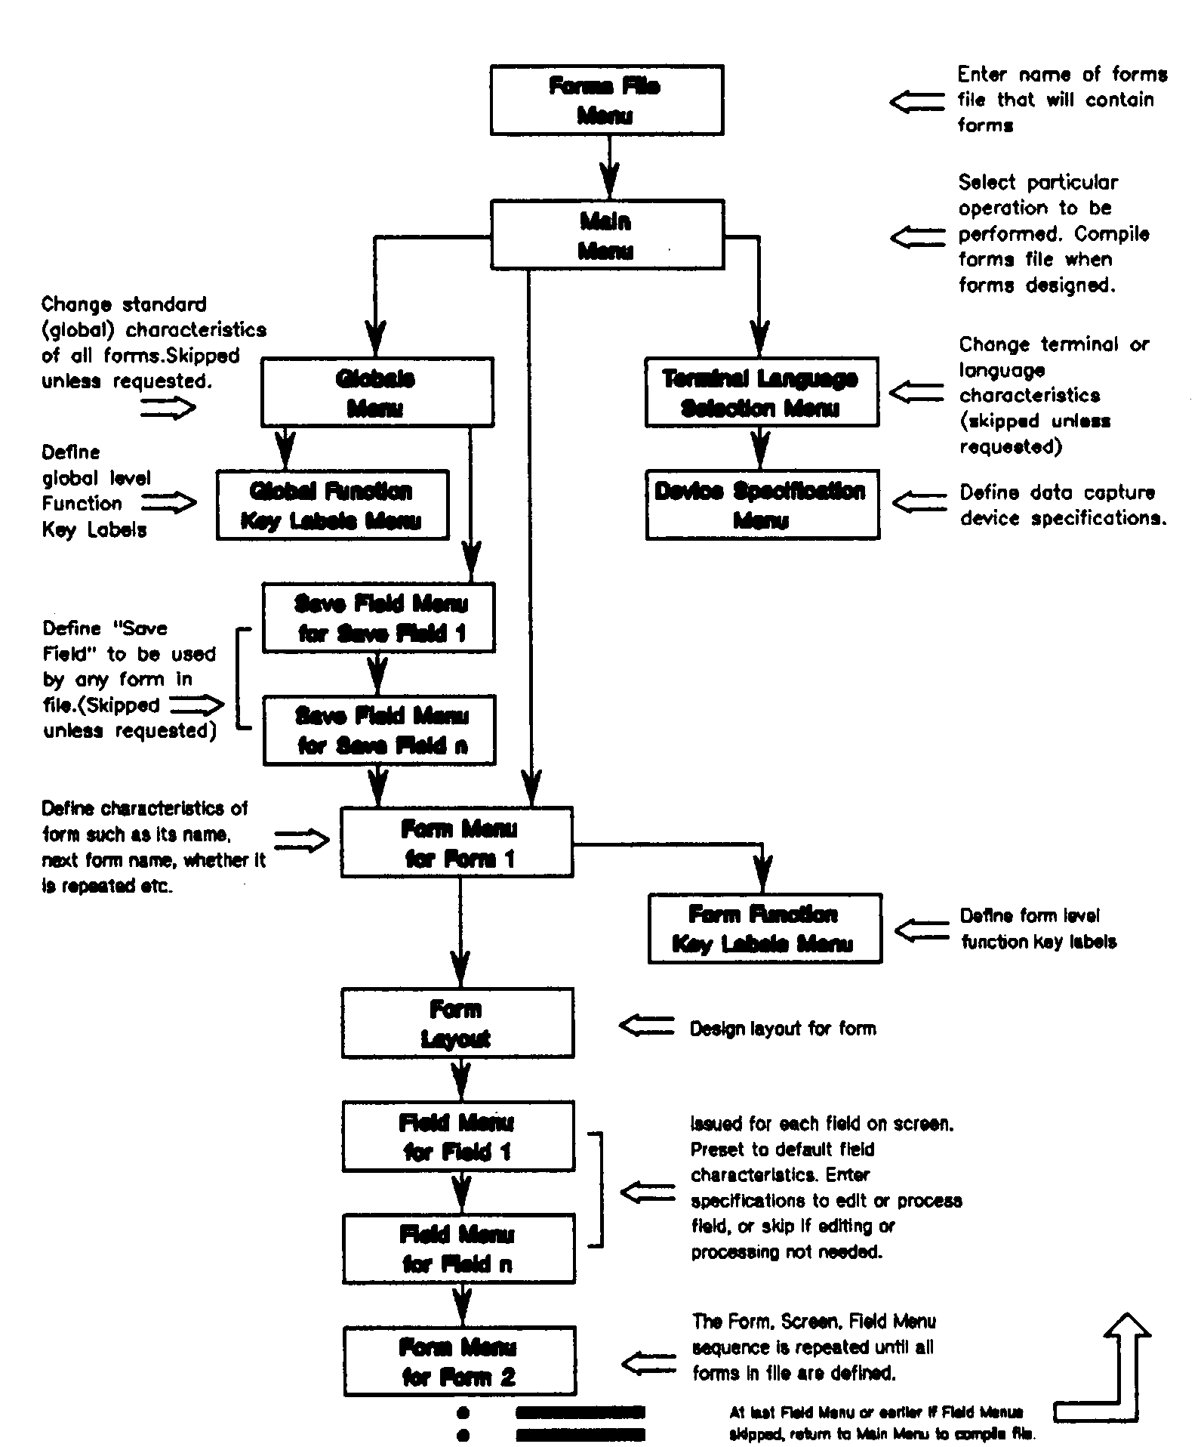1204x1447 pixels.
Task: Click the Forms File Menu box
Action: coord(607,100)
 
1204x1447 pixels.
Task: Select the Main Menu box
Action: coord(607,235)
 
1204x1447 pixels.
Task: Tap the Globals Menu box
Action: coord(377,393)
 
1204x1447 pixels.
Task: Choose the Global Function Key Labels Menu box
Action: coord(332,505)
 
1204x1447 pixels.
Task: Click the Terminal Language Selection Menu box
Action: coord(762,393)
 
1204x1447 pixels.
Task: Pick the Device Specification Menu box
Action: coord(762,505)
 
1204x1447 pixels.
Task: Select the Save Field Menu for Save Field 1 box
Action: coord(379,618)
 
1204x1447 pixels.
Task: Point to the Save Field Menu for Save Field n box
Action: coord(380,730)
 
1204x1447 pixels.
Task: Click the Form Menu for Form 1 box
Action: coord(457,842)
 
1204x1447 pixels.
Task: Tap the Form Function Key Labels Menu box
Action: coord(765,929)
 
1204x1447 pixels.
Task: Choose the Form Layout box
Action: coord(457,1023)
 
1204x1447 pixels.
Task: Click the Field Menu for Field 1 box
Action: coord(458,1137)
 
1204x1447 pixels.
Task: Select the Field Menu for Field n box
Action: coord(459,1249)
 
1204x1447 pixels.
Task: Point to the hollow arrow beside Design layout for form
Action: coord(646,1026)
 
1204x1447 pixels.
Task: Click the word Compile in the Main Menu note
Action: coord(1112,234)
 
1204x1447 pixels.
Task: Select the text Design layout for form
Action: coord(783,1029)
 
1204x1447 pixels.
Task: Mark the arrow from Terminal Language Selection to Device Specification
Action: coord(761,449)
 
